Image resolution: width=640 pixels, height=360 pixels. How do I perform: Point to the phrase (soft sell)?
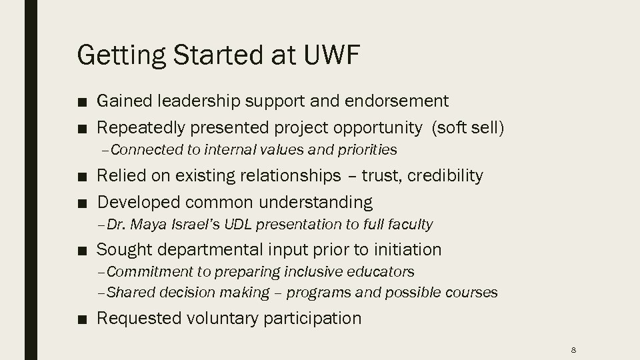468,127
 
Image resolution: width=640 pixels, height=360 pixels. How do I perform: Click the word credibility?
445,176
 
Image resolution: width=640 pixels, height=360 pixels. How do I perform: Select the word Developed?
139,202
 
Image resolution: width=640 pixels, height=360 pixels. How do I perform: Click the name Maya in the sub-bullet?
155,225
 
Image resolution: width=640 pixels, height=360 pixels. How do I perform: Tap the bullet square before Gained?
81,102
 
